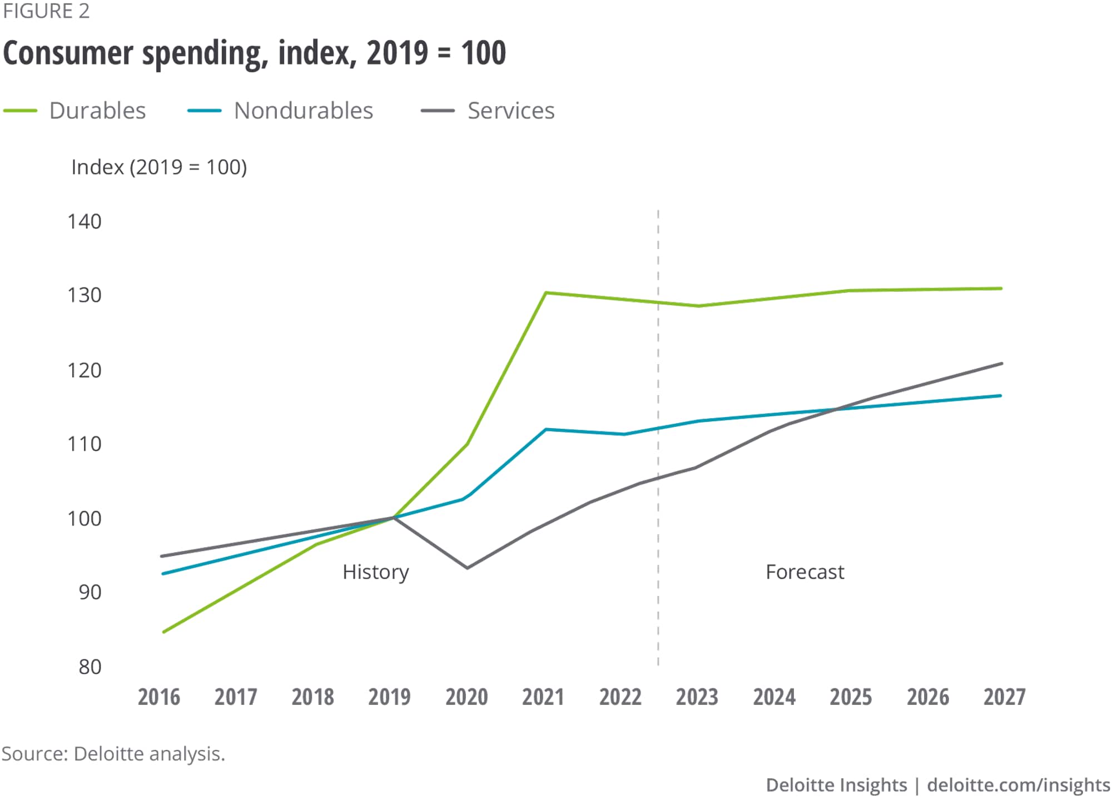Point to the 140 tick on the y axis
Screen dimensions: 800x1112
[85, 221]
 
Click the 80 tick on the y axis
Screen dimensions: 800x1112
[90, 667]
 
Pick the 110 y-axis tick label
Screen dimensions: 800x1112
[85, 444]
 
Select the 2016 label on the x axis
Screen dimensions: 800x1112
[159, 697]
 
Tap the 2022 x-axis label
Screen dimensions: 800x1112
[620, 697]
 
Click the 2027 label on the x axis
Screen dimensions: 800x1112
[1004, 697]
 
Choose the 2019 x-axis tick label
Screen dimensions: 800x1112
[389, 697]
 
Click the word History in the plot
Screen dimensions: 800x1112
[376, 572]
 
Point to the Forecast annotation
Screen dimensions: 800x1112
[805, 572]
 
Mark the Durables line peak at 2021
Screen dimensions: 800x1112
[546, 292]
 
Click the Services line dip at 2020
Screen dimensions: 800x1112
[467, 568]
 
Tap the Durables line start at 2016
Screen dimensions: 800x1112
[163, 632]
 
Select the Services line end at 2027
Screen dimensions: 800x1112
[1001, 364]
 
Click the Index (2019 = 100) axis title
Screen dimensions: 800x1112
[159, 167]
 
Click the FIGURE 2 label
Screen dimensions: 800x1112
[46, 11]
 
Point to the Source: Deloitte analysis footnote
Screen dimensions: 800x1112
[113, 754]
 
